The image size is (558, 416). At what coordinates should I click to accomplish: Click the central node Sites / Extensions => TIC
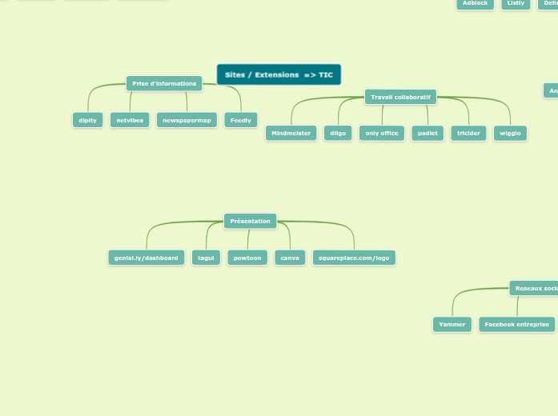279,74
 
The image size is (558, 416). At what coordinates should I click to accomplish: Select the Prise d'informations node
164,83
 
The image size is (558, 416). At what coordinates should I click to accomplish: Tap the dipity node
88,120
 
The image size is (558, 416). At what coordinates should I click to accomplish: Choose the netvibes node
130,120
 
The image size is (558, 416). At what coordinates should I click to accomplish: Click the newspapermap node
187,120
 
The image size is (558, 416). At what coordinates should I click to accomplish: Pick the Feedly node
241,120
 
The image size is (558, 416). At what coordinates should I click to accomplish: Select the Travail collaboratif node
400,97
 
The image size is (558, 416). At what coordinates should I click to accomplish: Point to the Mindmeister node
291,133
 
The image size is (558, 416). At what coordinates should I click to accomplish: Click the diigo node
339,133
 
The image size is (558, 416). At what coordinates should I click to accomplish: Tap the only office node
382,133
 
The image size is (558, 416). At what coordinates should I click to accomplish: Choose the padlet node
428,133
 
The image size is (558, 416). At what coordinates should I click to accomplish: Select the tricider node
469,133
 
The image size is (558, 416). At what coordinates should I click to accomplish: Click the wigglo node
510,133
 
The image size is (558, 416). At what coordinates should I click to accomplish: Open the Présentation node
250,221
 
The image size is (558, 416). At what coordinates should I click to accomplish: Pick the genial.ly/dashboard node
147,258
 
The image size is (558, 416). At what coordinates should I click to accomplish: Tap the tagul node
206,258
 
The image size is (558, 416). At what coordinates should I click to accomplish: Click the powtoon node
247,258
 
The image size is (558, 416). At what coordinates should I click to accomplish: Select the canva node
290,258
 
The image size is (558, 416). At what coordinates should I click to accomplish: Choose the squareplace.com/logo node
354,258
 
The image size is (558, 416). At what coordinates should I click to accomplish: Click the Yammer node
452,324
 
